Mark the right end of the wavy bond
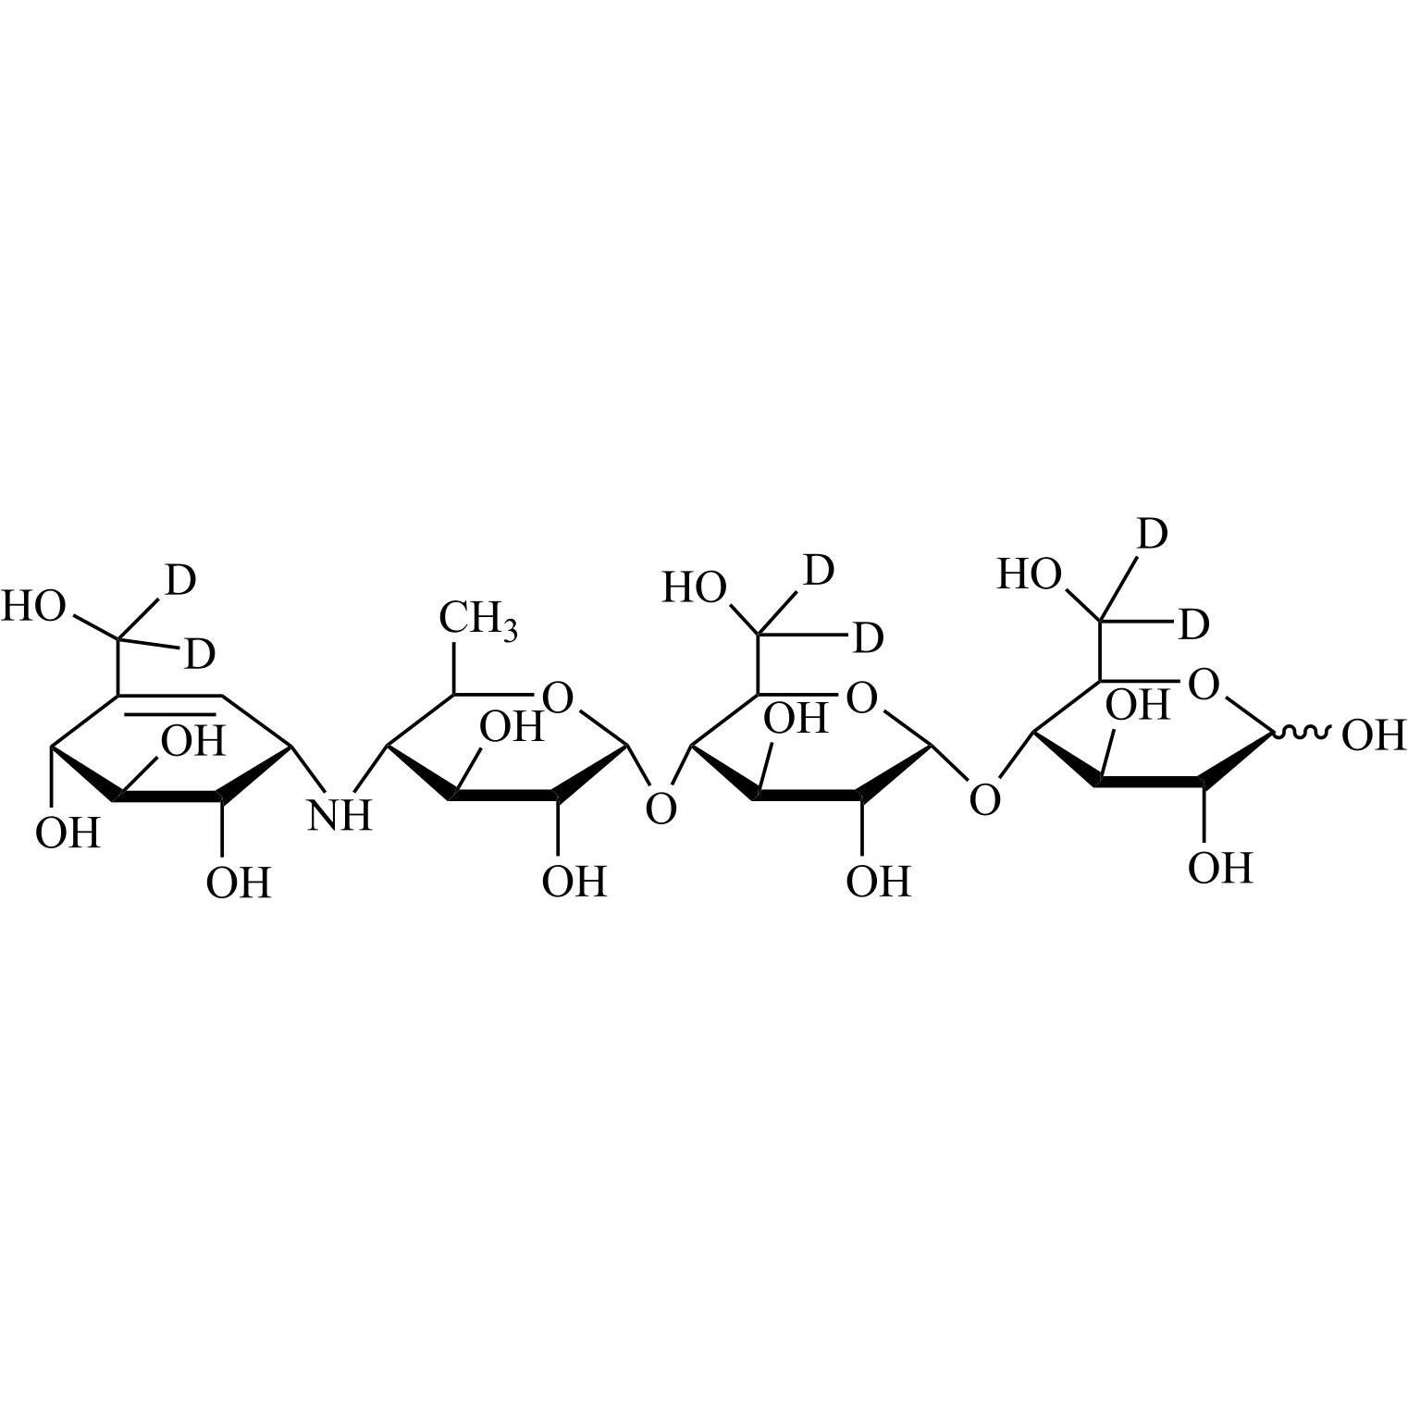(x=1331, y=734)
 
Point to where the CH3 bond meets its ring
(x=453, y=694)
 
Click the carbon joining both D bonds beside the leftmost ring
(x=119, y=637)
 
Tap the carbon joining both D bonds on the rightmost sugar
(x=1101, y=620)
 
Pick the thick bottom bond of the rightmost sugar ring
(x=1152, y=784)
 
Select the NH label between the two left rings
(x=340, y=815)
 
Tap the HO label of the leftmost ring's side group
(x=33, y=608)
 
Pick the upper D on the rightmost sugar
(x=1151, y=535)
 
